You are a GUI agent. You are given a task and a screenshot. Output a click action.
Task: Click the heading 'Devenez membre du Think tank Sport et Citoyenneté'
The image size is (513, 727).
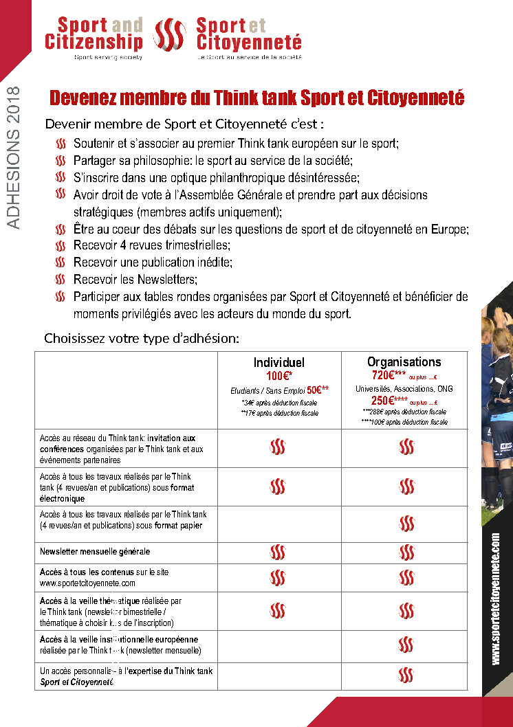click(x=257, y=98)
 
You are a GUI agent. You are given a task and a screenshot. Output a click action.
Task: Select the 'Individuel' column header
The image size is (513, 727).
click(x=279, y=362)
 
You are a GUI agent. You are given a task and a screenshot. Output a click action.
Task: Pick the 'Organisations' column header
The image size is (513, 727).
click(x=404, y=361)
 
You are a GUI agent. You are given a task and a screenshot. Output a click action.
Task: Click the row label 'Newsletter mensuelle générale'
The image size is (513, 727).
click(x=95, y=551)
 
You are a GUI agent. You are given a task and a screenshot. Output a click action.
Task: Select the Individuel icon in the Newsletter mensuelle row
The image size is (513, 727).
click(x=278, y=552)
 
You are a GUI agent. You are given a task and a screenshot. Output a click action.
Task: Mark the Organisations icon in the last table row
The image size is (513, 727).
click(x=406, y=675)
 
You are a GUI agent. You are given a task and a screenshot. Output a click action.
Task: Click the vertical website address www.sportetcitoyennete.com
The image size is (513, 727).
click(x=496, y=599)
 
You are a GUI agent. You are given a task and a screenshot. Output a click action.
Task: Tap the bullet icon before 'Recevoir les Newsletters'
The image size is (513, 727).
click(x=61, y=280)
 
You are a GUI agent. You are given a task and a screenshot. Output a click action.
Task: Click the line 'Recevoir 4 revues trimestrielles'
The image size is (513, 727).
click(x=151, y=245)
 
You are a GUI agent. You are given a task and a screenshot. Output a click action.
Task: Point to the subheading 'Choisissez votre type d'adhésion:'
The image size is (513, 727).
click(x=142, y=338)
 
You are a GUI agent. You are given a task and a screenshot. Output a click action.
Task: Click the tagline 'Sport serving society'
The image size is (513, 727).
click(x=108, y=58)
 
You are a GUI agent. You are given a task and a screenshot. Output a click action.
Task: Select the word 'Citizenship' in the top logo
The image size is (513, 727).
click(x=94, y=42)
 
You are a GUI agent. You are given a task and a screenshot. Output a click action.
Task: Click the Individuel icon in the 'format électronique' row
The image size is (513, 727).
click(x=278, y=486)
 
